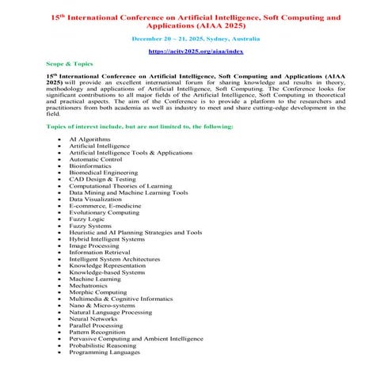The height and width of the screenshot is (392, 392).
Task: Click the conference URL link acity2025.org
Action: click(196, 51)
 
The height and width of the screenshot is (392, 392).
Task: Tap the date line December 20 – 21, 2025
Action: click(196, 38)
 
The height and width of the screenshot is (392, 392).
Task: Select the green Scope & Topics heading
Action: click(69, 61)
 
